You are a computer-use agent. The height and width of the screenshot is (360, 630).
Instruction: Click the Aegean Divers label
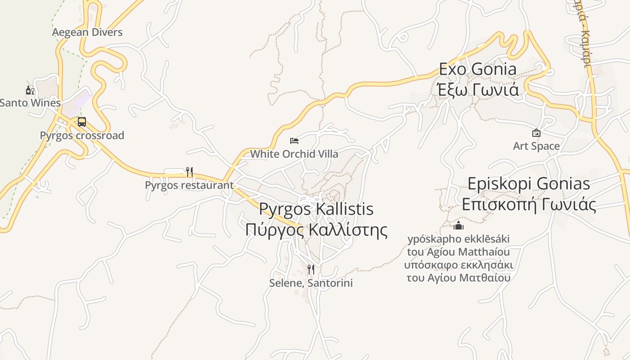(x=87, y=32)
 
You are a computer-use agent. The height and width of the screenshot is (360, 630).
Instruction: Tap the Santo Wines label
(x=30, y=103)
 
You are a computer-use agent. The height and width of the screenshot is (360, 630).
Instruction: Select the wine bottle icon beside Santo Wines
(x=30, y=90)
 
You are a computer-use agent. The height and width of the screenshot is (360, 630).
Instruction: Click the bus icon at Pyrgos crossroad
(x=81, y=122)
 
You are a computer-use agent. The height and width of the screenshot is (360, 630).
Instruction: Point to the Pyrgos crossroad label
(x=82, y=135)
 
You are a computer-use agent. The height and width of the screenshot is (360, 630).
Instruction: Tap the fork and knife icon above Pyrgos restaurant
(x=189, y=172)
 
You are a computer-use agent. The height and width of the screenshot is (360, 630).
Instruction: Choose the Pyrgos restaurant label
(x=189, y=185)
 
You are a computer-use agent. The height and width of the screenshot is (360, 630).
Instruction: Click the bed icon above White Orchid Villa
(x=294, y=141)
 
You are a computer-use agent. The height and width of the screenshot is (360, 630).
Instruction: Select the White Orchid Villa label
(x=294, y=154)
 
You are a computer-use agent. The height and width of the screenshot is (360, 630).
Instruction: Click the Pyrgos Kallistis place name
(x=316, y=209)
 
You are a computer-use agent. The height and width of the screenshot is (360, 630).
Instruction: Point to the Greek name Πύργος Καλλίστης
(x=316, y=229)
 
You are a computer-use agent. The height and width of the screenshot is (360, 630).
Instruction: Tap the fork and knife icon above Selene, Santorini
(x=311, y=270)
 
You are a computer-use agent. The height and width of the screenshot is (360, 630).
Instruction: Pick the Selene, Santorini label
(x=311, y=283)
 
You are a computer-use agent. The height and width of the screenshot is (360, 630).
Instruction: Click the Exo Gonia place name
(x=477, y=69)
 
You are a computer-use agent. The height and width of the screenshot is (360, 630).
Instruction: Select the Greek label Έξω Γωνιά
(x=477, y=89)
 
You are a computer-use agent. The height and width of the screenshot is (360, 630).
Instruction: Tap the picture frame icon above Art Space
(x=536, y=133)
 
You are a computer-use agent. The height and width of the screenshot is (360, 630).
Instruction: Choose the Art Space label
(x=536, y=146)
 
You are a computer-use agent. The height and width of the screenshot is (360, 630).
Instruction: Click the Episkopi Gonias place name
(x=529, y=184)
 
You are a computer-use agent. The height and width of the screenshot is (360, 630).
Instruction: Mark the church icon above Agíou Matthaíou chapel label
(x=459, y=225)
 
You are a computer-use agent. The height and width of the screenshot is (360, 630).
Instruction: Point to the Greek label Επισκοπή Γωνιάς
(x=529, y=205)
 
